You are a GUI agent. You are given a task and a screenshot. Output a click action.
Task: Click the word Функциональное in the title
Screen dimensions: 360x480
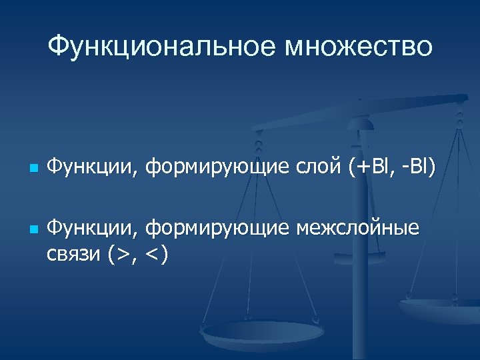159,47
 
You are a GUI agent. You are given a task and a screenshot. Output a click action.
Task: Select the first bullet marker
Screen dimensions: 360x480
32,167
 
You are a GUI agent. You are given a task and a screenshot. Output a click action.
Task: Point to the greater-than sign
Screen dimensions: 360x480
121,253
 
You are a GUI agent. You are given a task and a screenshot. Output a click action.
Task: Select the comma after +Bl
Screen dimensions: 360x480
389,173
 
